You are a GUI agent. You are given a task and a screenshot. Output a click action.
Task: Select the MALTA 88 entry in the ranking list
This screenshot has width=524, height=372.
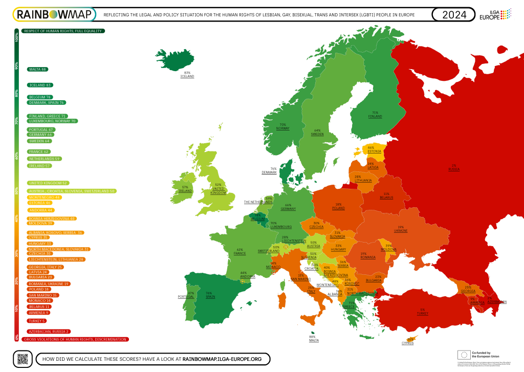(38, 69)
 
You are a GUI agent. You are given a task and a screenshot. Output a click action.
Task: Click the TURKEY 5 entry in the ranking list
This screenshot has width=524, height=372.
(37, 321)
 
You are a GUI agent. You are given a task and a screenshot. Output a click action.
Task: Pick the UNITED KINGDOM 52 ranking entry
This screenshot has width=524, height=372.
(49, 183)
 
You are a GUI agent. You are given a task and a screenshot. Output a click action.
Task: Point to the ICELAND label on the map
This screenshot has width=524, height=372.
(187, 76)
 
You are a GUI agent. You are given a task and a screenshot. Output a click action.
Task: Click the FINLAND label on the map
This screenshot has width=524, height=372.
(375, 117)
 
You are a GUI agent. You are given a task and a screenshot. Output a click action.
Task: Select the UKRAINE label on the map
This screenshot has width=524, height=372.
(400, 231)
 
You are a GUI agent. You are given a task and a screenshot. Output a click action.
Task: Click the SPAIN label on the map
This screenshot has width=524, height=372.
(209, 297)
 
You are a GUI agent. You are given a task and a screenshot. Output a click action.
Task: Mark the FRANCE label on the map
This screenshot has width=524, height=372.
(239, 253)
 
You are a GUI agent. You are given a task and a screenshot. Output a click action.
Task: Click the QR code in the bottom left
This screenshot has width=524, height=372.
(21, 359)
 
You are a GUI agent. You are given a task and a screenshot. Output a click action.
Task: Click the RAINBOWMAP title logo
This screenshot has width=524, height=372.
(55, 15)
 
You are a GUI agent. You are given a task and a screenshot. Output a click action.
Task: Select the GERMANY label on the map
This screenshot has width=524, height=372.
(288, 209)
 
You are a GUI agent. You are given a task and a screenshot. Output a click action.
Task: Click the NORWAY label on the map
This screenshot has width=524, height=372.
(282, 128)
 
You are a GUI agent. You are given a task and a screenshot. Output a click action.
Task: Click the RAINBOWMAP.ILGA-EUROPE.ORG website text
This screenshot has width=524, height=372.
(222, 359)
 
